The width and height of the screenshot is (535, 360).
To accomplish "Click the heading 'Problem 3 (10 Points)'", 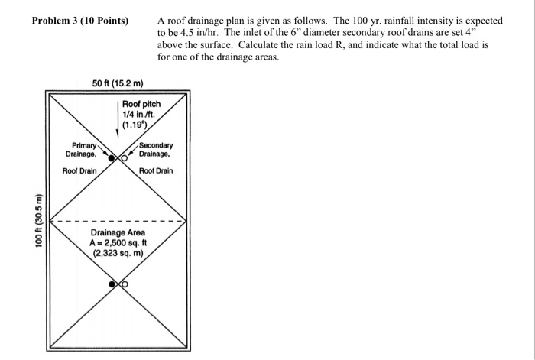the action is pyautogui.click(x=80, y=19).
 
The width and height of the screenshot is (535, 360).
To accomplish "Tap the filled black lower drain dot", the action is pyautogui.click(x=112, y=284).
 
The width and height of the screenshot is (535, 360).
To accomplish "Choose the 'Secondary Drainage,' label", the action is pyautogui.click(x=156, y=149).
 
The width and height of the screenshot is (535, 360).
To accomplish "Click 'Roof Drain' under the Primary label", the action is pyautogui.click(x=79, y=170).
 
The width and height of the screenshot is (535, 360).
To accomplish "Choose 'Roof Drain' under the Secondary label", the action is pyautogui.click(x=156, y=170).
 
